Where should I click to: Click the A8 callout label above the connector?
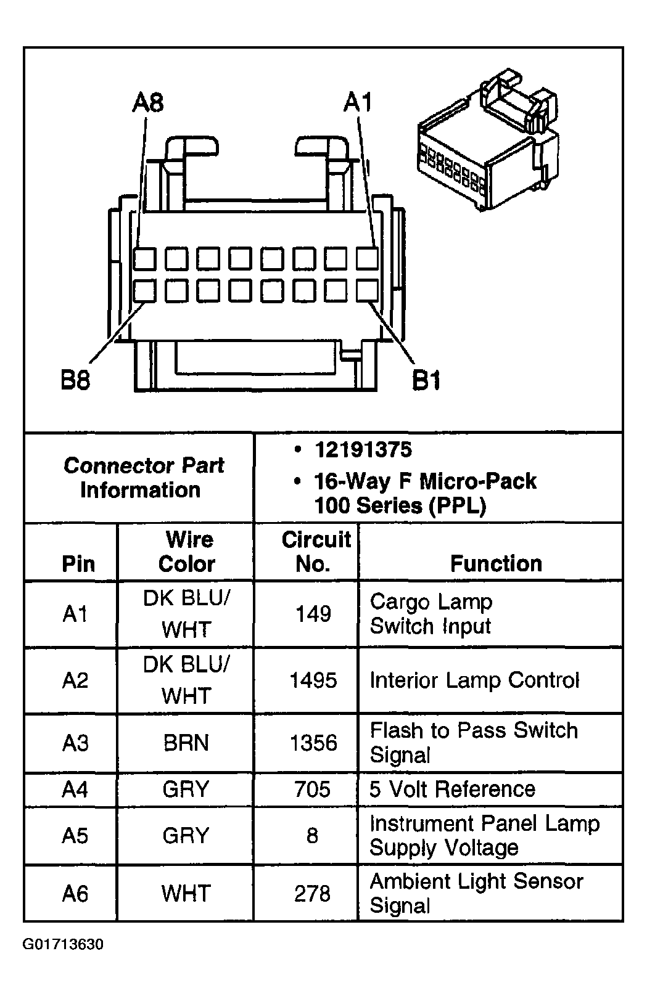(148, 102)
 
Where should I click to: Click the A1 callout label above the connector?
(358, 102)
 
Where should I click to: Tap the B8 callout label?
(75, 380)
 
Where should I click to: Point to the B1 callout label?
(426, 380)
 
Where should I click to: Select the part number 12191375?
(363, 450)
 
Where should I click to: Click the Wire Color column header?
(188, 552)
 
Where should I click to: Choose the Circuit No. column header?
(315, 552)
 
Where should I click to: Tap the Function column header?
(496, 563)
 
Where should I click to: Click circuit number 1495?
(313, 680)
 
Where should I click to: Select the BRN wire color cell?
(186, 743)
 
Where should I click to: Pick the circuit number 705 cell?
(313, 790)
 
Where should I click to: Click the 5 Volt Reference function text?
(452, 790)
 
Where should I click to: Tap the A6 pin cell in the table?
(75, 894)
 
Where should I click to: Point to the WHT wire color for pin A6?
(186, 894)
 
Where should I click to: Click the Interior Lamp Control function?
(474, 680)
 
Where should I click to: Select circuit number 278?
(313, 894)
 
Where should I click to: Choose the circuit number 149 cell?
(313, 614)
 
